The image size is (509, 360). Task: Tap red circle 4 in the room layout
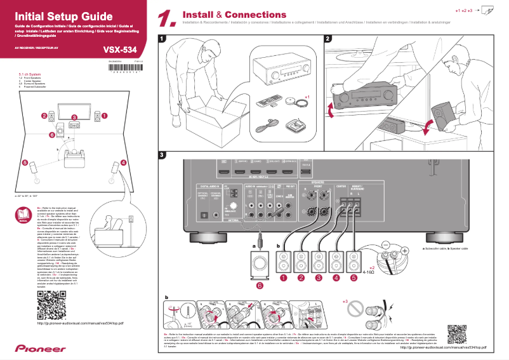pos(123,163)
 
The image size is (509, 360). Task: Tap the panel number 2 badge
pos(328,39)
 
